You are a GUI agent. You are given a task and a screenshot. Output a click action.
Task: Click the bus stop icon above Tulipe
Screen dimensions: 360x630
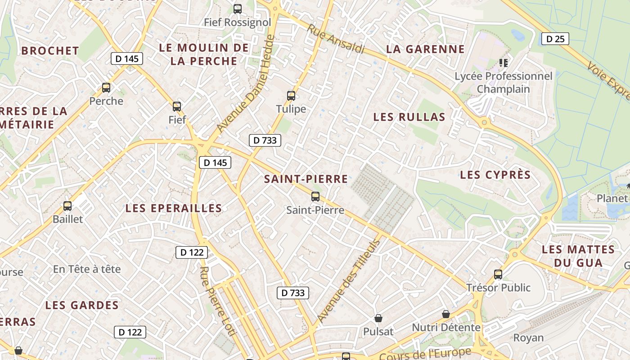291,96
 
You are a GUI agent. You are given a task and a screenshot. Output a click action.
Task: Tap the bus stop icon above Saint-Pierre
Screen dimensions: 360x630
315,197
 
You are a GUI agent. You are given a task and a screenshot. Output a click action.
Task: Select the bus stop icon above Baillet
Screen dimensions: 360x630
67,206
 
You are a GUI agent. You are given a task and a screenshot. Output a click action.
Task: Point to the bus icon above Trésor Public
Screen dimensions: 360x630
498,274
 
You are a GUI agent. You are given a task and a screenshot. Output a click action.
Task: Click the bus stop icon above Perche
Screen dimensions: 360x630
106,88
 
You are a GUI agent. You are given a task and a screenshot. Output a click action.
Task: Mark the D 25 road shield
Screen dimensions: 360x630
555,39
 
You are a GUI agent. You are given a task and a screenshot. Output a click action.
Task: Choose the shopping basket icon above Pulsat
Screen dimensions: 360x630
378,319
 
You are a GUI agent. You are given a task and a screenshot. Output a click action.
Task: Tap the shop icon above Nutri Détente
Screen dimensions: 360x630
446,314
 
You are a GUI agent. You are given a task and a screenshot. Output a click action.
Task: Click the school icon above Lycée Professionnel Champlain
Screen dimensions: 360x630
503,63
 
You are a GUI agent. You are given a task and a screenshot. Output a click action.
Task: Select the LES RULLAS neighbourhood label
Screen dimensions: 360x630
409,117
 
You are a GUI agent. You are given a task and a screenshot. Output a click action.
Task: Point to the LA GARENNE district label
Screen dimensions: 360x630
425,49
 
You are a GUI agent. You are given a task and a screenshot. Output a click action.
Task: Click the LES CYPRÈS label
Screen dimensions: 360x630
495,175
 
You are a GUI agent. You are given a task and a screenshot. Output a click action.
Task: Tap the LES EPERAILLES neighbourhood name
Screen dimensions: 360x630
174,208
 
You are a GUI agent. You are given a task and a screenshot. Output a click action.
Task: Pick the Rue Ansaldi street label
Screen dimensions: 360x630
336,39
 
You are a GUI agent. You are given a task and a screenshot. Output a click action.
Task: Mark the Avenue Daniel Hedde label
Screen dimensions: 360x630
245,84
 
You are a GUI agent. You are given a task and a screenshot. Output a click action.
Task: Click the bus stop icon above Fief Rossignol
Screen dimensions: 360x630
237,9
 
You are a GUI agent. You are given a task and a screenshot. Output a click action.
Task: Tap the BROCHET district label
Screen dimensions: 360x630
50,51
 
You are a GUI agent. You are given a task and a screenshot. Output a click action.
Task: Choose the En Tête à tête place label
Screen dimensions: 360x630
87,269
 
